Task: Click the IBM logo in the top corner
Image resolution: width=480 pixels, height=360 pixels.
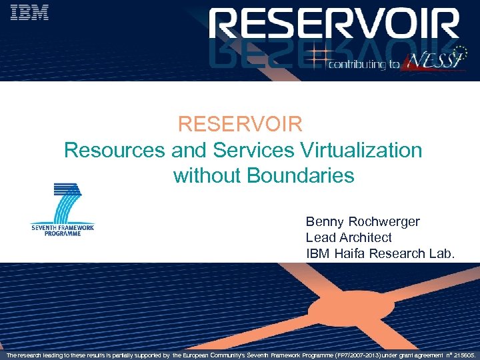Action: tap(30, 12)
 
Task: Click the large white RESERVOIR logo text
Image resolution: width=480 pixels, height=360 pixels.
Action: tap(333, 27)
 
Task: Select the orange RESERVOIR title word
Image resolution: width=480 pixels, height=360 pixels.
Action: tap(241, 124)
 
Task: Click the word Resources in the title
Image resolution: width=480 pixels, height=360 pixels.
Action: tap(114, 150)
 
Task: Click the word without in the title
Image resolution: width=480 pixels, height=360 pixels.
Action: tap(207, 176)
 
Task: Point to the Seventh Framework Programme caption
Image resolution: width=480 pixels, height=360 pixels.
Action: tap(63, 230)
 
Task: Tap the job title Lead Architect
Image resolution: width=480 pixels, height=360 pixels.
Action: tap(349, 237)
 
